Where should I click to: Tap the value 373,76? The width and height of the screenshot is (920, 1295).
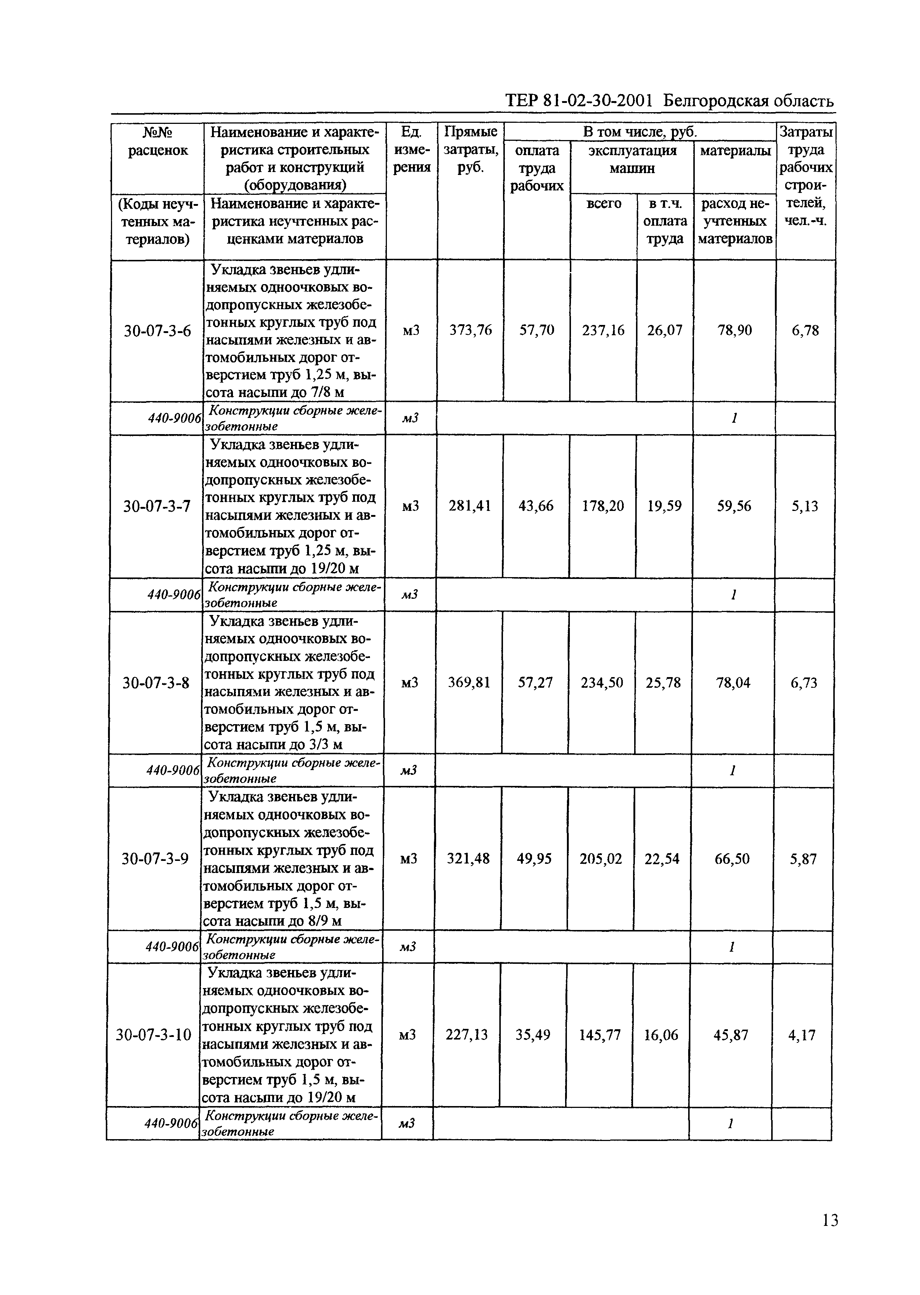(470, 330)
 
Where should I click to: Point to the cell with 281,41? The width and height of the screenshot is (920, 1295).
(470, 506)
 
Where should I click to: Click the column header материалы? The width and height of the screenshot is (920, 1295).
(735, 151)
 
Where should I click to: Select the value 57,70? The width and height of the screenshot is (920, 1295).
(536, 330)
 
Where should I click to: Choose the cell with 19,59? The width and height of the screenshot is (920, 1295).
(664, 506)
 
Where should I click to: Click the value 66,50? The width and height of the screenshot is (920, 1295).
(732, 859)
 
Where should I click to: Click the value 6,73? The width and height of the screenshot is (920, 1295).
(804, 683)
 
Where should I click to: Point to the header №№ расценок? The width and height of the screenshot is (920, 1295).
(158, 142)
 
